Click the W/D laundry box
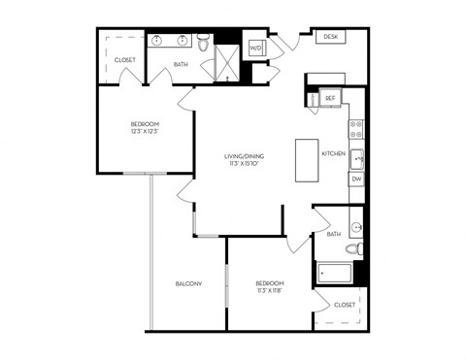coord(255,48)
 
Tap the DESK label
coord(331,37)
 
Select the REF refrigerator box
coord(330,98)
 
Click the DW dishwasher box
coord(356,180)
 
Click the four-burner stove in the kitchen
coord(356,129)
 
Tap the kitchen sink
coord(356,157)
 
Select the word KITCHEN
coord(334,153)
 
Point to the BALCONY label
coord(188,283)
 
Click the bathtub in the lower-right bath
coord(335,273)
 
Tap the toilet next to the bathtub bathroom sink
coord(357,250)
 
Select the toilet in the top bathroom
coord(204,43)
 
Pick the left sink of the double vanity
coord(157,42)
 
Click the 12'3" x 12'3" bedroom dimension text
coord(144,132)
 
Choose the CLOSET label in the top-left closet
coord(124,60)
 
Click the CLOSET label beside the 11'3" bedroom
coord(345,305)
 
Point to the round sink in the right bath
coord(356,229)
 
